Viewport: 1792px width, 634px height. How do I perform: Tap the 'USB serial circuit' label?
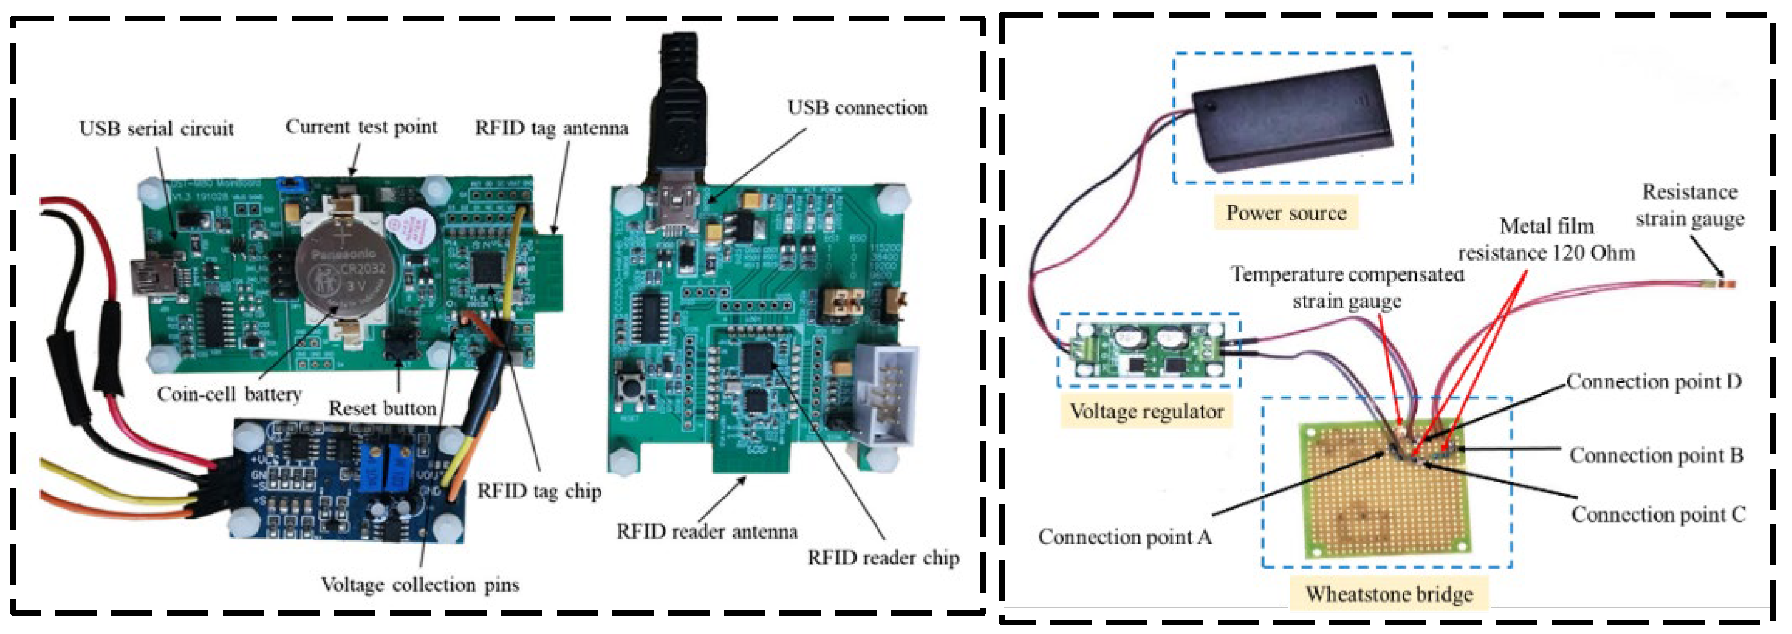pos(156,129)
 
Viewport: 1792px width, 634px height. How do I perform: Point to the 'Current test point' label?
pos(361,126)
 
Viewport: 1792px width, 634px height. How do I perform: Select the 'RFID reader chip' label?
pos(883,557)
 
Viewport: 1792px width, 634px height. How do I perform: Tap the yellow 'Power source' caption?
pos(1285,213)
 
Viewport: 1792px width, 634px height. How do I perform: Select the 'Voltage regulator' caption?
pos(1146,412)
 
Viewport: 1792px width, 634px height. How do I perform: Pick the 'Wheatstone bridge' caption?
pos(1389,594)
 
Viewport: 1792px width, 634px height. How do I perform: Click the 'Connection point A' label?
pos(1124,537)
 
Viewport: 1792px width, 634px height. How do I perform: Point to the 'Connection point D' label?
pos(1653,381)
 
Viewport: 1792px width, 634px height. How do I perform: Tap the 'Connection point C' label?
pos(1658,514)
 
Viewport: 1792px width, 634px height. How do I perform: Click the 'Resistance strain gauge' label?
pos(1690,205)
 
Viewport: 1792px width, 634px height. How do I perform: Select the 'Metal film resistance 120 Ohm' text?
pos(1547,239)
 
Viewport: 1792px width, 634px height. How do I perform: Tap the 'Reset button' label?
pos(382,408)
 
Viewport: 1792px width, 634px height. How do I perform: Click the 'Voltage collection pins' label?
pos(420,585)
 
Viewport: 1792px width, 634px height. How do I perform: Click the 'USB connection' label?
pos(857,107)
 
